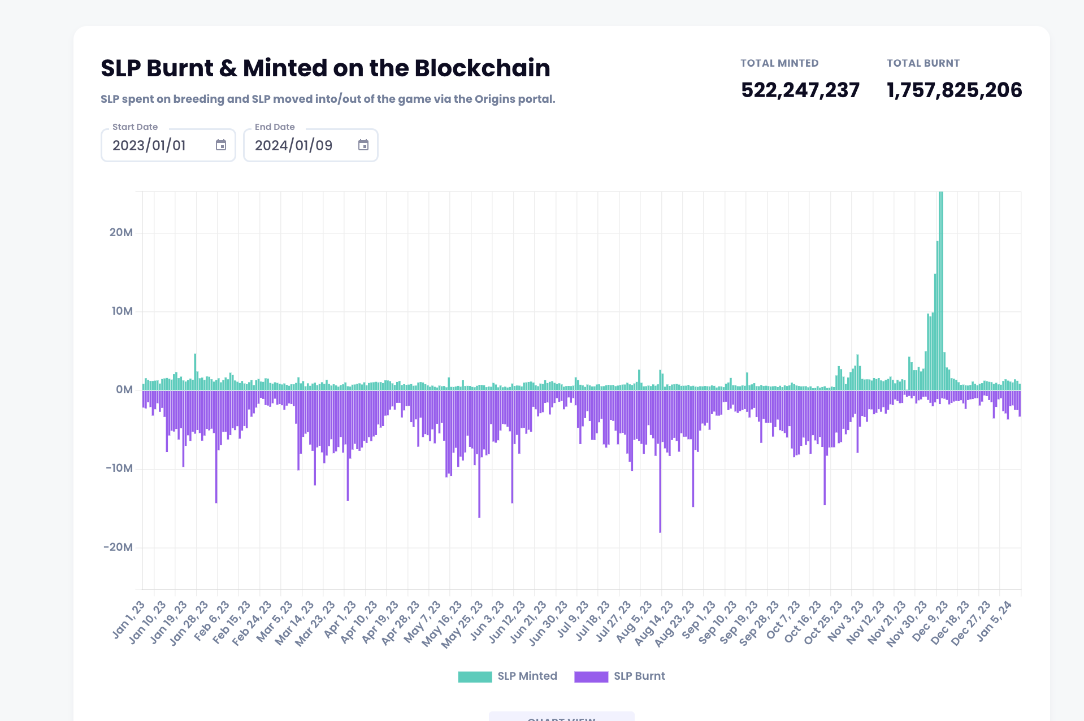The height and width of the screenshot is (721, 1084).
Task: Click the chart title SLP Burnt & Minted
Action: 325,68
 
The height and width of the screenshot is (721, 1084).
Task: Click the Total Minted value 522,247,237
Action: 800,90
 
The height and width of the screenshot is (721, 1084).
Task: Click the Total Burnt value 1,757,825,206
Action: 954,90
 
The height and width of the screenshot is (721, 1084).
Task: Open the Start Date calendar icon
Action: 221,145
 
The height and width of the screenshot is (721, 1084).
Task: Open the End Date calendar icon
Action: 363,145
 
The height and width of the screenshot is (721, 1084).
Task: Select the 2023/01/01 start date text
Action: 149,146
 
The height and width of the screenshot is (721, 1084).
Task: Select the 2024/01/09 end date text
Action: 293,146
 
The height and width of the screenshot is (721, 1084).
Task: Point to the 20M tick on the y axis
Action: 121,233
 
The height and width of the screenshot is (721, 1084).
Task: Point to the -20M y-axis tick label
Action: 118,547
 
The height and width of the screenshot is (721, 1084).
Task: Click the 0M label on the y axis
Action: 124,390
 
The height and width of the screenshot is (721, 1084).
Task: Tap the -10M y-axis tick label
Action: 119,468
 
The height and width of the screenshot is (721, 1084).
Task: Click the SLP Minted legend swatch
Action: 475,676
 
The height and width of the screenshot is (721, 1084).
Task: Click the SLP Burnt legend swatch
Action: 591,676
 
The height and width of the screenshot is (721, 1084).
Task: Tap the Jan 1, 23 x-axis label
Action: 128,620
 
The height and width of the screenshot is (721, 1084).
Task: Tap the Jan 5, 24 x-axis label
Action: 994,620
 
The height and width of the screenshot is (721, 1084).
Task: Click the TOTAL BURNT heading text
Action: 923,63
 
